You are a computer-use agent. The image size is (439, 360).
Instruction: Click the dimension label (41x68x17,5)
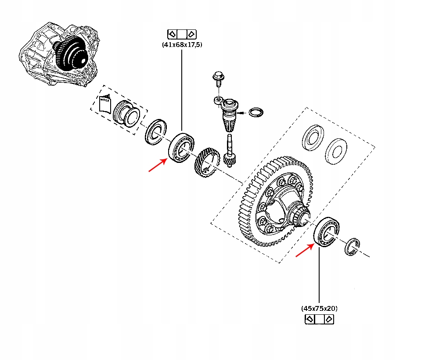182,44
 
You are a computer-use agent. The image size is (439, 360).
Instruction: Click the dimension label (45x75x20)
319,308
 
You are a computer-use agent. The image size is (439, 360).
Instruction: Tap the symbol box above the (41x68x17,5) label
182,34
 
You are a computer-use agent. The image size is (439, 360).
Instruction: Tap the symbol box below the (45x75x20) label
319,319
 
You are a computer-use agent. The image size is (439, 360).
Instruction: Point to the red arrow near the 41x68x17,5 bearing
158,166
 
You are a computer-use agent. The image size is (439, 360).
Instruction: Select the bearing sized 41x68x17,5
180,147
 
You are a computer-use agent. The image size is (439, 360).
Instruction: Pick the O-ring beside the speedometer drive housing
256,112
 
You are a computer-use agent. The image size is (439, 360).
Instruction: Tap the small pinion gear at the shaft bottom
230,158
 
